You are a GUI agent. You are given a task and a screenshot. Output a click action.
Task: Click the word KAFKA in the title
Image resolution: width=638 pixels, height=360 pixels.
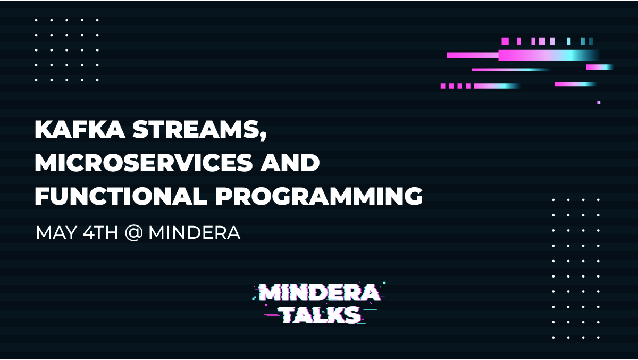tap(80, 129)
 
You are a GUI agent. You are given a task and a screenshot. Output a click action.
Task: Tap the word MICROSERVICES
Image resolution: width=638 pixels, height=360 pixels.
tap(144, 163)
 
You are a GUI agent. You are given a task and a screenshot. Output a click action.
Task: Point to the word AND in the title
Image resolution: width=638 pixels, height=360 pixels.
tap(290, 163)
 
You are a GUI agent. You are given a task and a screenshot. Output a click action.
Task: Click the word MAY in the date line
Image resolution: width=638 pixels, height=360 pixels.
tap(56, 232)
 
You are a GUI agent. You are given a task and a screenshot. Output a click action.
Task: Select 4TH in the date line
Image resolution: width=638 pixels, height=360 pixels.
tap(100, 232)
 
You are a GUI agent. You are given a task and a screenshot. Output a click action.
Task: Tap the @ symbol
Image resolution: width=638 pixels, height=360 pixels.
tap(133, 233)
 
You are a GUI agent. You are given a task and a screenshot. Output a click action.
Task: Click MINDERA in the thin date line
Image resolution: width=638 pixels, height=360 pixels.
tap(195, 232)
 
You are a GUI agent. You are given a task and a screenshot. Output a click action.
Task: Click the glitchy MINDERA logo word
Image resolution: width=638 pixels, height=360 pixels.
tap(320, 292)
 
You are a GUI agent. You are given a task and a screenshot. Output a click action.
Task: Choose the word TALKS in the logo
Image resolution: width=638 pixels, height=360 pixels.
tap(321, 314)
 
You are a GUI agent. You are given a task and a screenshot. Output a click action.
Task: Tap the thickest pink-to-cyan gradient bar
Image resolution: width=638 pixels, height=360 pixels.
tap(549, 55)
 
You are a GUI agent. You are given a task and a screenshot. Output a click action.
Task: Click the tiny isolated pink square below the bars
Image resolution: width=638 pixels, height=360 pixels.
tap(599, 102)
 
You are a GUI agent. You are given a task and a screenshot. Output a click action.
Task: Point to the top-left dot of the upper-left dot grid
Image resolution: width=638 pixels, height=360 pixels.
tap(36, 20)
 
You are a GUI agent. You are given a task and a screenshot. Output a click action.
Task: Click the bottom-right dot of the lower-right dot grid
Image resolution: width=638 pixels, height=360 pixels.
tap(599, 338)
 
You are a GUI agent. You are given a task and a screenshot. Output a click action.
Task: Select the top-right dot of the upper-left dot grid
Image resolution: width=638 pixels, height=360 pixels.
tap(97, 20)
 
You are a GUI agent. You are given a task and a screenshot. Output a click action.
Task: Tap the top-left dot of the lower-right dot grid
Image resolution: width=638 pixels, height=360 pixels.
tap(553, 200)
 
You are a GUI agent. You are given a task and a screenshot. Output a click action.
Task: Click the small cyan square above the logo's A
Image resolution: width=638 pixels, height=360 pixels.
tap(384, 283)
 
